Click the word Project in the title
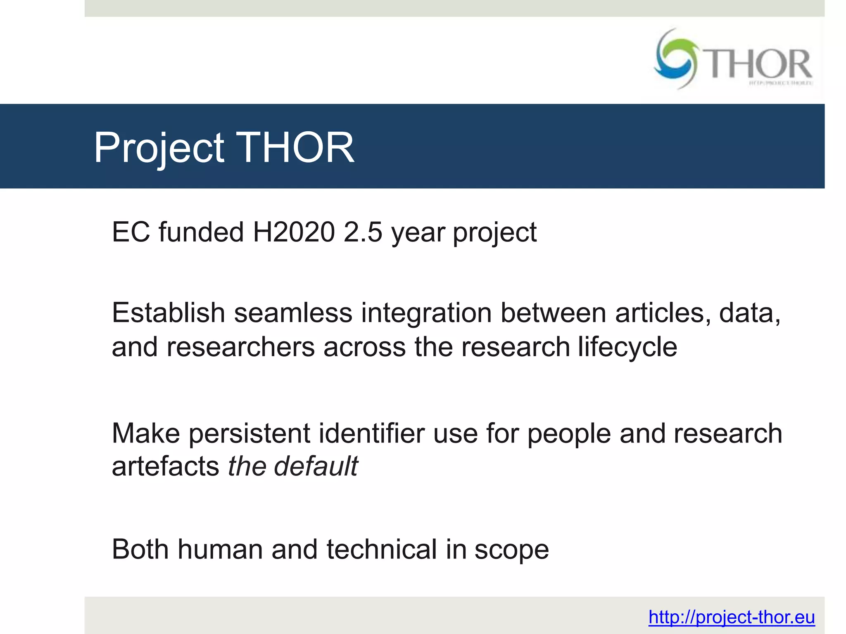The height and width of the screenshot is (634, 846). pyautogui.click(x=159, y=148)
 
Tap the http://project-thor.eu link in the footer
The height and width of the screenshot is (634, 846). pyautogui.click(x=731, y=617)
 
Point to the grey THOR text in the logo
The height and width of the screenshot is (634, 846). pyautogui.click(x=759, y=64)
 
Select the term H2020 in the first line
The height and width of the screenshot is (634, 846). pyautogui.click(x=294, y=232)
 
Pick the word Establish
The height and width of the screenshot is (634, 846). pyautogui.click(x=168, y=312)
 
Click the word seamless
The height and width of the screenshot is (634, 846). pyautogui.click(x=293, y=312)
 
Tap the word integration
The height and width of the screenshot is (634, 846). pyautogui.click(x=426, y=312)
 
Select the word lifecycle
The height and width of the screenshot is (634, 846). pyautogui.click(x=627, y=347)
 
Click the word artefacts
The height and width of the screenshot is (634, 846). pyautogui.click(x=165, y=466)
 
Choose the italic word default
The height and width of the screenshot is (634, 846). pyautogui.click(x=316, y=466)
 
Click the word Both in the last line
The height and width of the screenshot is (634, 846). pyautogui.click(x=140, y=549)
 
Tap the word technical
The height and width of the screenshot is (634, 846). pyautogui.click(x=381, y=549)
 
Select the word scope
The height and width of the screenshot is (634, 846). pyautogui.click(x=511, y=550)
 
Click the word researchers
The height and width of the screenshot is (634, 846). pyautogui.click(x=240, y=347)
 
